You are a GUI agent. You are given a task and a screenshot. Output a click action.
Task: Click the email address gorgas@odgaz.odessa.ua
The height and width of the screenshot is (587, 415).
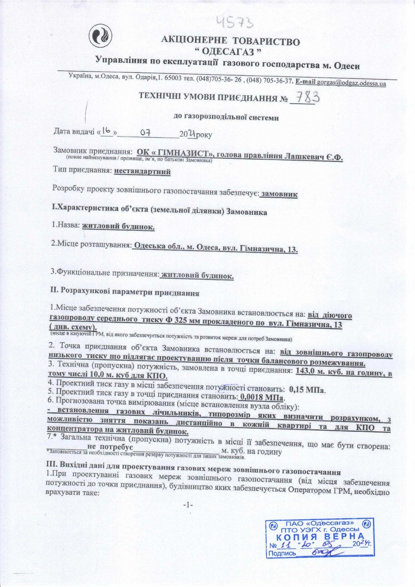coord(351,83)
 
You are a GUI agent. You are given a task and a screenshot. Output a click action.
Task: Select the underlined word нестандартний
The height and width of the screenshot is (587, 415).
coord(142,171)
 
